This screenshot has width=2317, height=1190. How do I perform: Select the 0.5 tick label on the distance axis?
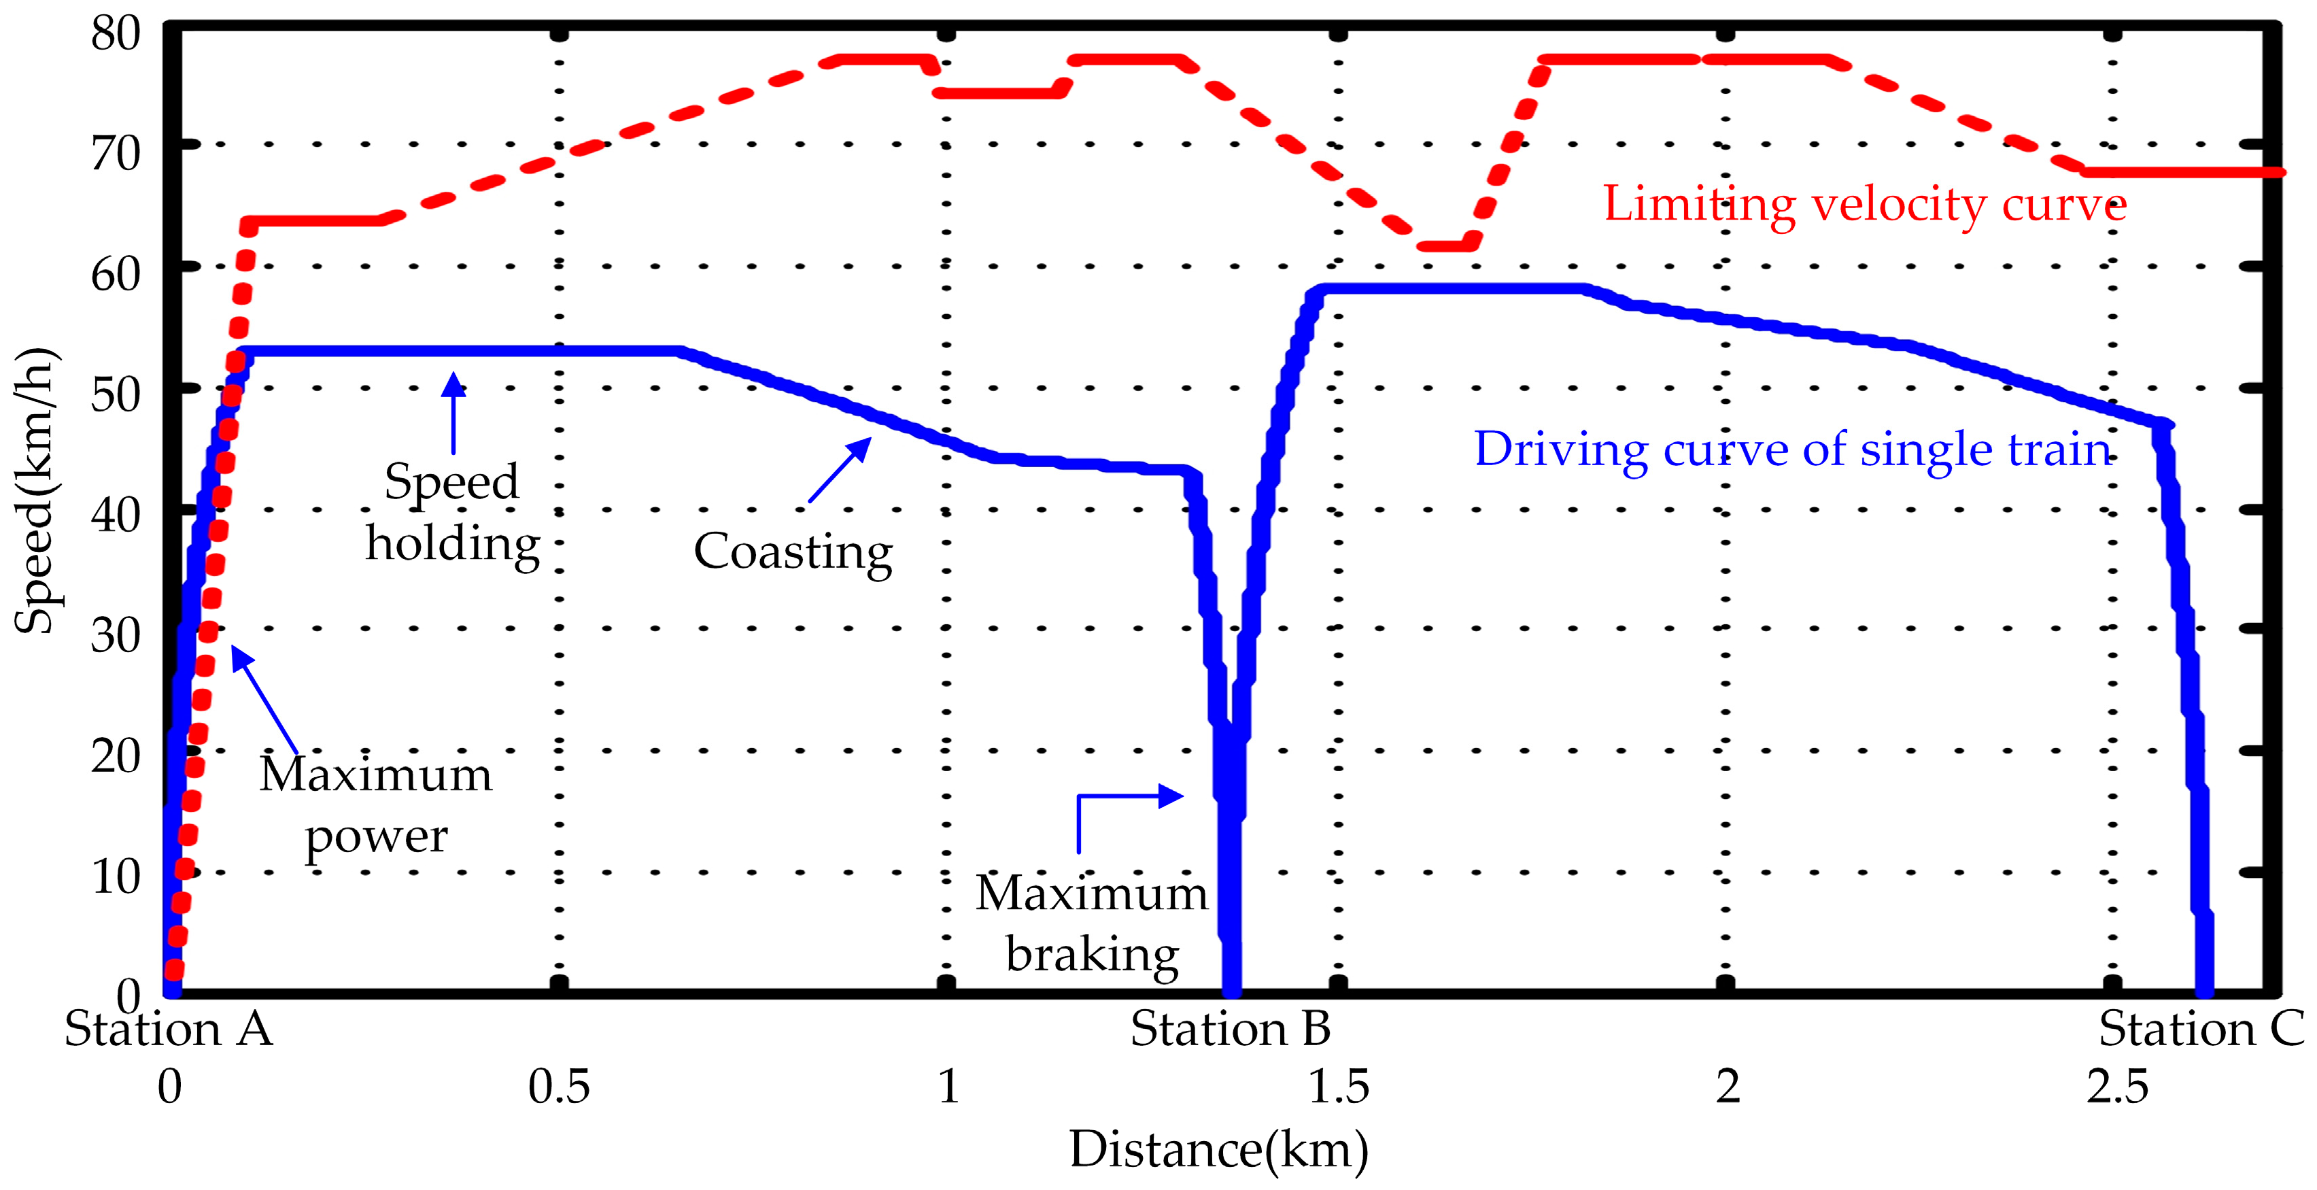559,1087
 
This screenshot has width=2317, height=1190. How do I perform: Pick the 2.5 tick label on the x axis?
2116,1087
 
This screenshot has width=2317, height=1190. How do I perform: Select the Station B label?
1230,1029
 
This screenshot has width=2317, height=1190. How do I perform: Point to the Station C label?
2201,1029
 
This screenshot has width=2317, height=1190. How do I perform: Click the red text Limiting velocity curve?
1864,205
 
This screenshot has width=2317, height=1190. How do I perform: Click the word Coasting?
793,551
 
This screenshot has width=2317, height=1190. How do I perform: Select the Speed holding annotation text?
452,513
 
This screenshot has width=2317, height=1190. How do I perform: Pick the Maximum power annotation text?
376,805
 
